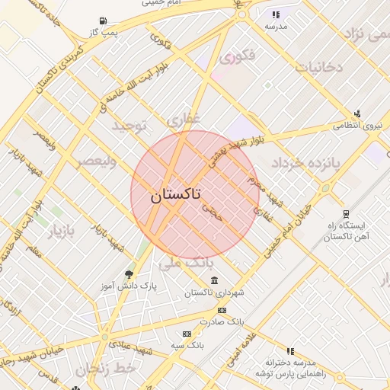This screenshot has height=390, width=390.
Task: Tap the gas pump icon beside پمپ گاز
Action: point(103,21)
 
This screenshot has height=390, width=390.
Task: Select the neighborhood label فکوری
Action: point(235,56)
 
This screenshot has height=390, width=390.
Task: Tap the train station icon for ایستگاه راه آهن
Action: point(347,214)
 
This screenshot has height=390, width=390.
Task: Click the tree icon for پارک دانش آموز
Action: point(128,274)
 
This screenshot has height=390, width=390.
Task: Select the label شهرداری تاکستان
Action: point(209,292)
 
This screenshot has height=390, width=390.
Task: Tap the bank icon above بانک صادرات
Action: point(222,310)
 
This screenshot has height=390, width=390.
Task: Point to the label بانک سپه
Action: point(187,345)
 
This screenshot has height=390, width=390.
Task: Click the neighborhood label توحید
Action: point(128,124)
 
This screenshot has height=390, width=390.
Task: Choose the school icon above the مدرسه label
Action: point(276,14)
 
